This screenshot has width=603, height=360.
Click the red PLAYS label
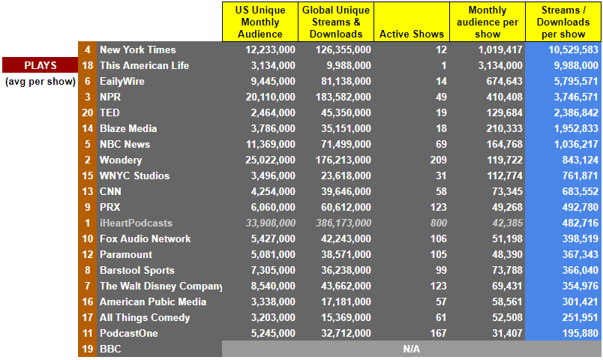(x=40, y=65)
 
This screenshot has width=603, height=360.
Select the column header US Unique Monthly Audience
(x=260, y=22)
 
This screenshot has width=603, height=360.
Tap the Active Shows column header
(x=412, y=34)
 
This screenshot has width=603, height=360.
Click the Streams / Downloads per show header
(x=563, y=22)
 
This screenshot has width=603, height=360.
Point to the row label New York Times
(x=138, y=49)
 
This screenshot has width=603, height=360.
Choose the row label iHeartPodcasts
(x=136, y=223)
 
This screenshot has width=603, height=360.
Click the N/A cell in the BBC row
(x=412, y=349)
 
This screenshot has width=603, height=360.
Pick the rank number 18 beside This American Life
(x=88, y=65)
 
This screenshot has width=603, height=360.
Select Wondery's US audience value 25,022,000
(x=270, y=160)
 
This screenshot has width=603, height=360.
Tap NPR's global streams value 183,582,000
(x=343, y=97)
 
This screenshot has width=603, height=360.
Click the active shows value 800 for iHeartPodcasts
(x=439, y=223)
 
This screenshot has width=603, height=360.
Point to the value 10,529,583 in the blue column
(x=574, y=49)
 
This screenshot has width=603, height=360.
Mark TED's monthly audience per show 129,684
(x=505, y=112)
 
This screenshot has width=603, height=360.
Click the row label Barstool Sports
(x=137, y=271)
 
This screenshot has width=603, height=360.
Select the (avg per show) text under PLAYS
(x=40, y=82)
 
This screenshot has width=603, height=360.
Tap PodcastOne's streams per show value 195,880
(x=580, y=333)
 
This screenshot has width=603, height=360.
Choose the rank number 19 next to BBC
(x=88, y=349)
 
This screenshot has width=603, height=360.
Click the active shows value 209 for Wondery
(x=439, y=160)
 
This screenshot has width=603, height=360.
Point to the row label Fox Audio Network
(x=145, y=238)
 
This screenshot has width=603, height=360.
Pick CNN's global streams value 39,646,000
(x=346, y=191)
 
